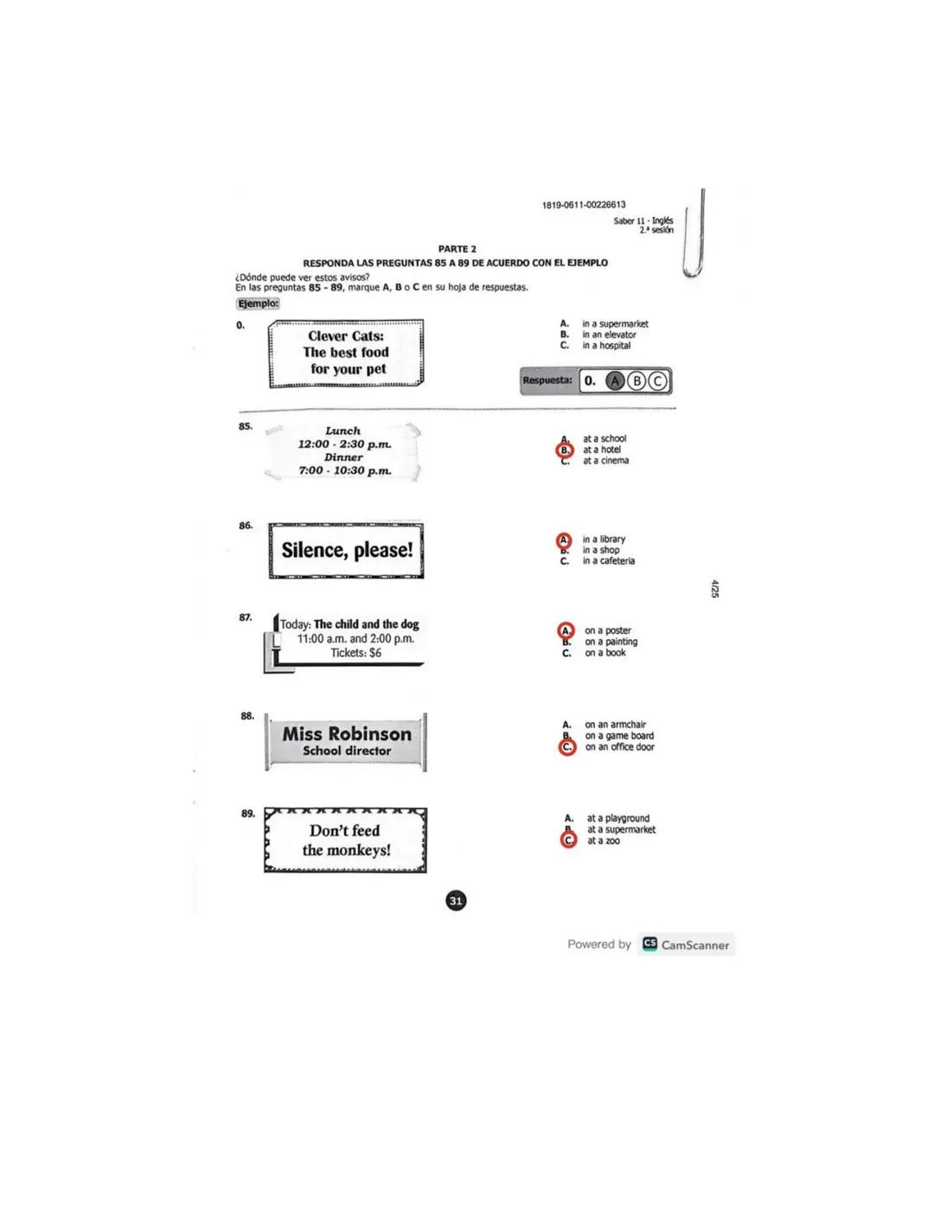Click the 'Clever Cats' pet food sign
coord(346,353)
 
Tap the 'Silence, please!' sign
coord(346,550)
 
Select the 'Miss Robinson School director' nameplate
coord(346,741)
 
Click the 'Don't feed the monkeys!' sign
coord(345,840)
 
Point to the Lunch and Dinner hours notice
coord(344,451)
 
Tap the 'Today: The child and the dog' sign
coord(349,639)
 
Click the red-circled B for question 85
coord(565,450)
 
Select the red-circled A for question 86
coord(564,540)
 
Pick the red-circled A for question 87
coord(566,631)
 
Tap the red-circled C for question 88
coord(567,747)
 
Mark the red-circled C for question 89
coord(568,840)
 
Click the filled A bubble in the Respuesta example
coord(615,380)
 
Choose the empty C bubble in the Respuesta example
coord(657,380)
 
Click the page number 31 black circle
coord(456,901)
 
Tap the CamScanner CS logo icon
coord(649,944)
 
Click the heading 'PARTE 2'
coord(457,249)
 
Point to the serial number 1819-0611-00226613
coord(584,205)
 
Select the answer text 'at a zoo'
coord(604,840)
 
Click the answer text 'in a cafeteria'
coord(609,561)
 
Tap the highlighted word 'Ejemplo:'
coord(258,304)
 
